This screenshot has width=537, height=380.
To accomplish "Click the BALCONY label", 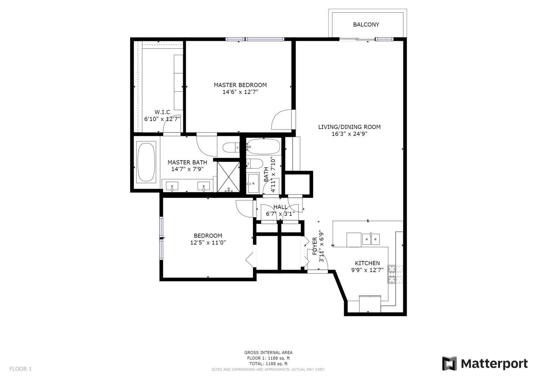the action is click(x=366, y=25).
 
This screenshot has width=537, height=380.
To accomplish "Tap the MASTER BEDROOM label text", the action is click(x=240, y=85).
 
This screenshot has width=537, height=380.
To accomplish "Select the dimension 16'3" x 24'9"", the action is click(x=350, y=134).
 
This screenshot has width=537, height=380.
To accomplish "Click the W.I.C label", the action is click(x=162, y=112).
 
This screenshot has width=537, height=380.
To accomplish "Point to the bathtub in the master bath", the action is click(x=146, y=162).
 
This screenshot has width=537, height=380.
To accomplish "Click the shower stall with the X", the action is click(x=229, y=177).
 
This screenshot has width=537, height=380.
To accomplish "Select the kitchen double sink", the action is click(x=371, y=239).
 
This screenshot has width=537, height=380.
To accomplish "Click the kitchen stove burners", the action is click(x=396, y=274).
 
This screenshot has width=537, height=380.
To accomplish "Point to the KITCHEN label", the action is click(x=367, y=263).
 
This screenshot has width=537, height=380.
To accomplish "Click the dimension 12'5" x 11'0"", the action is click(x=208, y=242).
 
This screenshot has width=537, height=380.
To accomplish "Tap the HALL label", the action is click(x=281, y=207).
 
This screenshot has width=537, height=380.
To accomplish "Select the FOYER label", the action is click(x=315, y=246).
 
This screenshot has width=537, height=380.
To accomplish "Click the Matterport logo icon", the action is click(x=449, y=363).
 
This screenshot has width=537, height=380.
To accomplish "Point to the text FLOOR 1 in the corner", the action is click(x=21, y=369).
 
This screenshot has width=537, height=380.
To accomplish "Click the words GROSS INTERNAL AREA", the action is click(x=268, y=353).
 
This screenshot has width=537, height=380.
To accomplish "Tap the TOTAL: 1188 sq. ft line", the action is click(x=268, y=364).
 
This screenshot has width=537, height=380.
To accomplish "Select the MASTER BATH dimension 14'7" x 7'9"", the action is click(x=187, y=169).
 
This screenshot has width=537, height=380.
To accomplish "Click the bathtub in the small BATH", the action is click(x=263, y=147).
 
